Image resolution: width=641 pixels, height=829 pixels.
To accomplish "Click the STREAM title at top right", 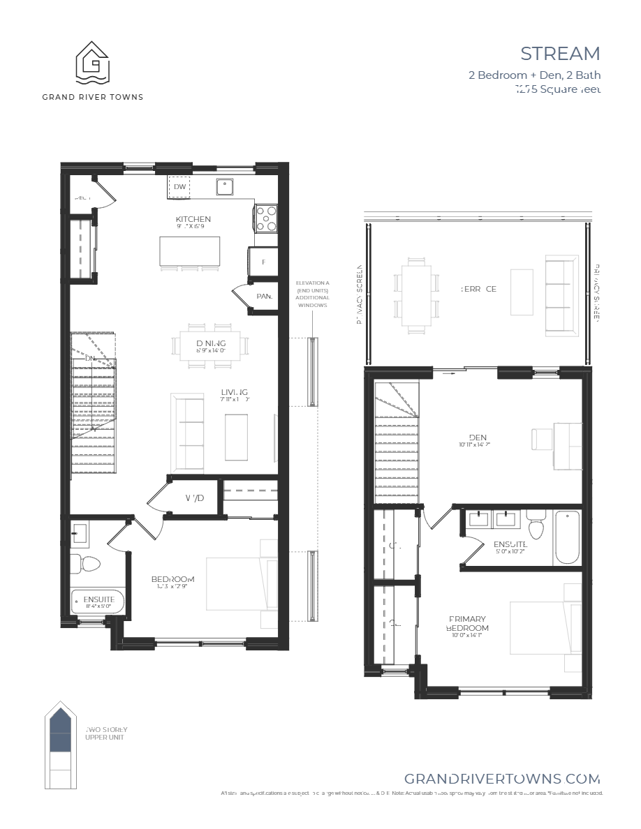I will click(x=560, y=54).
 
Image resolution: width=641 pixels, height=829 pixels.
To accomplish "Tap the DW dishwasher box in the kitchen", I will click(x=179, y=187).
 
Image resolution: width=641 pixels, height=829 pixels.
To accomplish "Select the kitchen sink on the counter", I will click(x=225, y=187).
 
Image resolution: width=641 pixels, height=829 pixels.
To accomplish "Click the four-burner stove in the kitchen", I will click(x=266, y=218).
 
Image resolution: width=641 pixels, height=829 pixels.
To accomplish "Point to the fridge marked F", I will click(x=263, y=262).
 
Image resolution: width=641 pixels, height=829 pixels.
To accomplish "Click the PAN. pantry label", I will click(x=264, y=296).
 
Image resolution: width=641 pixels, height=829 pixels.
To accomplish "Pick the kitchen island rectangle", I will click(x=190, y=251).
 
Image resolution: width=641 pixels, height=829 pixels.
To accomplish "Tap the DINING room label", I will click(x=210, y=343).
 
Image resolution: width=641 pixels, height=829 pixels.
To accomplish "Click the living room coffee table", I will click(x=236, y=436).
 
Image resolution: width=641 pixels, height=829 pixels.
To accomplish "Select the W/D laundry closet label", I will click(x=195, y=498).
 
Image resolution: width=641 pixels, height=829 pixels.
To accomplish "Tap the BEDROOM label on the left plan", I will click(x=173, y=580).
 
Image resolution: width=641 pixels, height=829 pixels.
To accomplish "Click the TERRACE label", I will click(x=478, y=289).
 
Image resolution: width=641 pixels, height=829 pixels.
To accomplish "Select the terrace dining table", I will click(x=416, y=292).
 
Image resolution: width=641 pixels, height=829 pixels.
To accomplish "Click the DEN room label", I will click(x=478, y=438).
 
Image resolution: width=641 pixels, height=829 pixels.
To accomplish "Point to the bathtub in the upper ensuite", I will click(x=567, y=537).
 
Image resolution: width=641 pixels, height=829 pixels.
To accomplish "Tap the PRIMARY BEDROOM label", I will click(x=467, y=623).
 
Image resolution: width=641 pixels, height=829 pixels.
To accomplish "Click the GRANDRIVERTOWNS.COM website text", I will click(x=502, y=779).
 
